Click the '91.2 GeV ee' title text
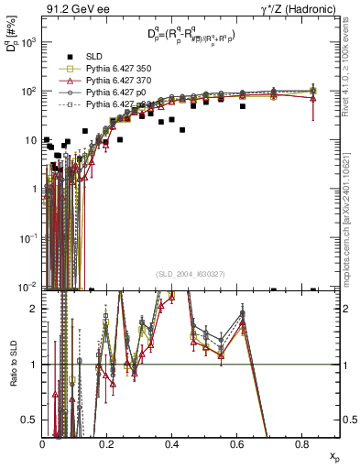(72, 10)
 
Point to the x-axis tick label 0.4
(172, 443)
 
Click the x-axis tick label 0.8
(301, 443)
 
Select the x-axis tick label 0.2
(107, 443)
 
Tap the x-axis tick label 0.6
(237, 443)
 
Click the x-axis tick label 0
(43, 443)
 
